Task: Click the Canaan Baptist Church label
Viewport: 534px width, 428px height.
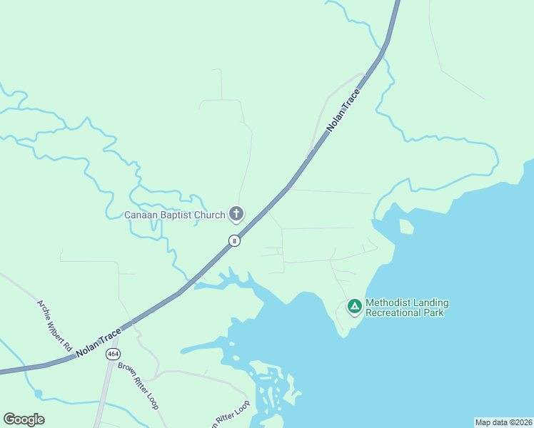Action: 175,215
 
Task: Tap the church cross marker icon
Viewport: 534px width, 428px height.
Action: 236,213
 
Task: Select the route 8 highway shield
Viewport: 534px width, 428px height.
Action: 234,241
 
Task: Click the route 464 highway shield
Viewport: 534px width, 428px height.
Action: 112,354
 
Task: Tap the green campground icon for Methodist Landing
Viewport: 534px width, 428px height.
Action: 354,307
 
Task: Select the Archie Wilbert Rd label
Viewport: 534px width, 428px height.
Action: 55,325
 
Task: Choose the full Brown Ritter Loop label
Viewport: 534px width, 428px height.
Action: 138,385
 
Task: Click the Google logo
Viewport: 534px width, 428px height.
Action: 24,419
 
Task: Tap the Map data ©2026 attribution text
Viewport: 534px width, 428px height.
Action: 503,422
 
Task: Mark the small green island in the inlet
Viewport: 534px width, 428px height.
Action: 406,227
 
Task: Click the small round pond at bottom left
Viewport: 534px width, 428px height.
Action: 39,394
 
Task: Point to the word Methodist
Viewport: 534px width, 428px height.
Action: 390,302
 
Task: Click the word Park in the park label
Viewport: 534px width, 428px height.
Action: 435,312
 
